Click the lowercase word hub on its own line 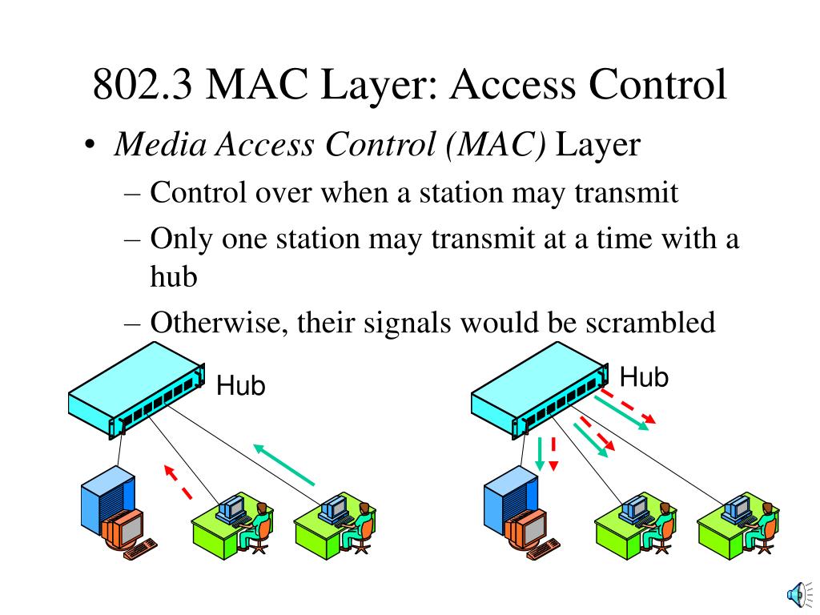[173, 277]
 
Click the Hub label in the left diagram [240, 387]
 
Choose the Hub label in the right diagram [644, 376]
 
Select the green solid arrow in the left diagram [284, 464]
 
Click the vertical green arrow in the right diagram [540, 453]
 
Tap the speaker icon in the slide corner [798, 593]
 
